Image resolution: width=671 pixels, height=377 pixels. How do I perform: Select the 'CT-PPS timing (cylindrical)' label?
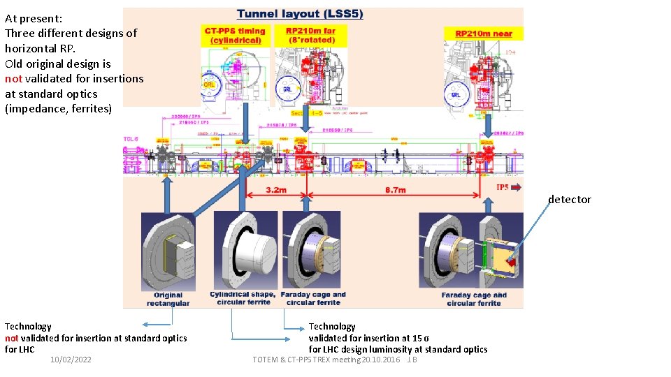pyautogui.click(x=235, y=35)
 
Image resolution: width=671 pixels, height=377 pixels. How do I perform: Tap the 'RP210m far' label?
pyautogui.click(x=310, y=35)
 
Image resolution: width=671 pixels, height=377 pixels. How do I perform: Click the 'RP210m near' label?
pyautogui.click(x=484, y=34)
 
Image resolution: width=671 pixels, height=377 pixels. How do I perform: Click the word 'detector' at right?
pyautogui.click(x=569, y=200)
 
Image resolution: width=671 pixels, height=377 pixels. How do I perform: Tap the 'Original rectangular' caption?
pyautogui.click(x=168, y=299)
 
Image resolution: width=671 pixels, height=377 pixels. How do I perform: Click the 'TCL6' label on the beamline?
pyautogui.click(x=131, y=140)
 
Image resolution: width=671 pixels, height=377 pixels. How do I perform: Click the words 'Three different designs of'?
pyautogui.click(x=71, y=33)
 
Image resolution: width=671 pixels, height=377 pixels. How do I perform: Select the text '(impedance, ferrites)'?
pyautogui.click(x=58, y=109)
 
